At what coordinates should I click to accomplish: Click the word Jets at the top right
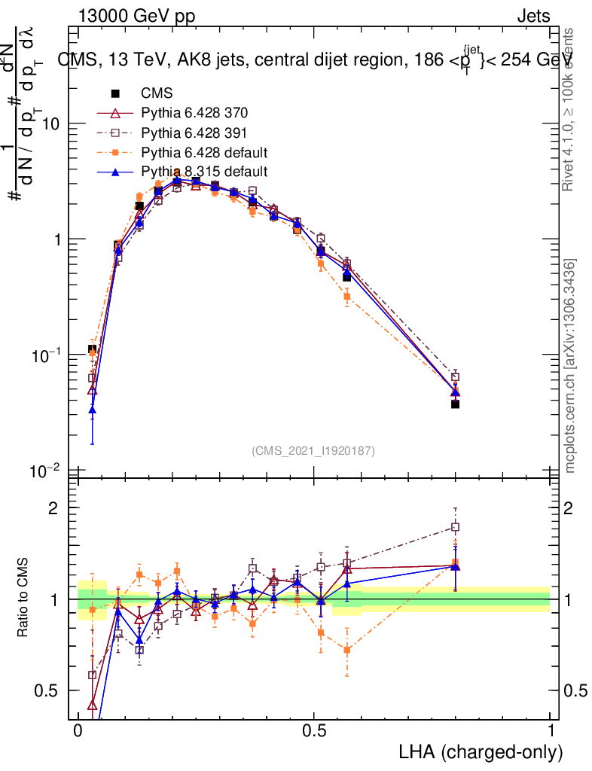pyautogui.click(x=533, y=17)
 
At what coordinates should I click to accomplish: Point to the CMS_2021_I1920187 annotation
pyautogui.click(x=313, y=451)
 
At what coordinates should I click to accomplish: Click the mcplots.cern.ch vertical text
pyautogui.click(x=570, y=367)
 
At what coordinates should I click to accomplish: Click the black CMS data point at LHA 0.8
pyautogui.click(x=455, y=404)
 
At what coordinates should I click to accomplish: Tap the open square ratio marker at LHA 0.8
pyautogui.click(x=455, y=527)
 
